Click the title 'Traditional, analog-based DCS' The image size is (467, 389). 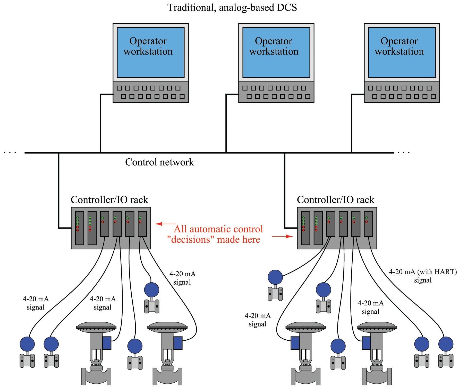pyautogui.click(x=232, y=7)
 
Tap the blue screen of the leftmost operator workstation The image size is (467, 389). pyautogui.click(x=151, y=52)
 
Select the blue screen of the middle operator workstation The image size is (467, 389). pyautogui.click(x=276, y=52)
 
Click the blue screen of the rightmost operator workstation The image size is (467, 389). pyautogui.click(x=402, y=52)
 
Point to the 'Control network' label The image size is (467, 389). pyautogui.click(x=159, y=162)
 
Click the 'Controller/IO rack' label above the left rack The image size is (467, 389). pyautogui.click(x=109, y=200)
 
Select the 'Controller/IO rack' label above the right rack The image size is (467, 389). pyautogui.click(x=335, y=200)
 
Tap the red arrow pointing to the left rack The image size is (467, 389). pyautogui.click(x=165, y=224)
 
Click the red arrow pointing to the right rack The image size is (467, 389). pyautogui.click(x=283, y=236)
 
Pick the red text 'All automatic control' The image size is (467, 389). pyautogui.click(x=218, y=229)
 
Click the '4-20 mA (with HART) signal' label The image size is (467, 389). pyautogui.click(x=423, y=276)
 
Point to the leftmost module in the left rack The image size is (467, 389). pyautogui.click(x=80, y=228)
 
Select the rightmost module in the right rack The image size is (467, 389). pyautogui.click(x=368, y=224)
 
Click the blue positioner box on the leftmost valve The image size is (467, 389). pyautogui.click(x=107, y=343)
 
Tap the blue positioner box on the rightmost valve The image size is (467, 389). pyautogui.click(x=366, y=343)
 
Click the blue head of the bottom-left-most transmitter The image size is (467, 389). pyautogui.click(x=27, y=344)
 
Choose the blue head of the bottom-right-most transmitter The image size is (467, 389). pyautogui.click(x=446, y=344)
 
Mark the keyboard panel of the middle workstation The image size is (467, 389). pyautogui.click(x=276, y=92)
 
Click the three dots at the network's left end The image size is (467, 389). pyautogui.click(x=10, y=152)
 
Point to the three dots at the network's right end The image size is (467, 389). pyautogui.click(x=403, y=152)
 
